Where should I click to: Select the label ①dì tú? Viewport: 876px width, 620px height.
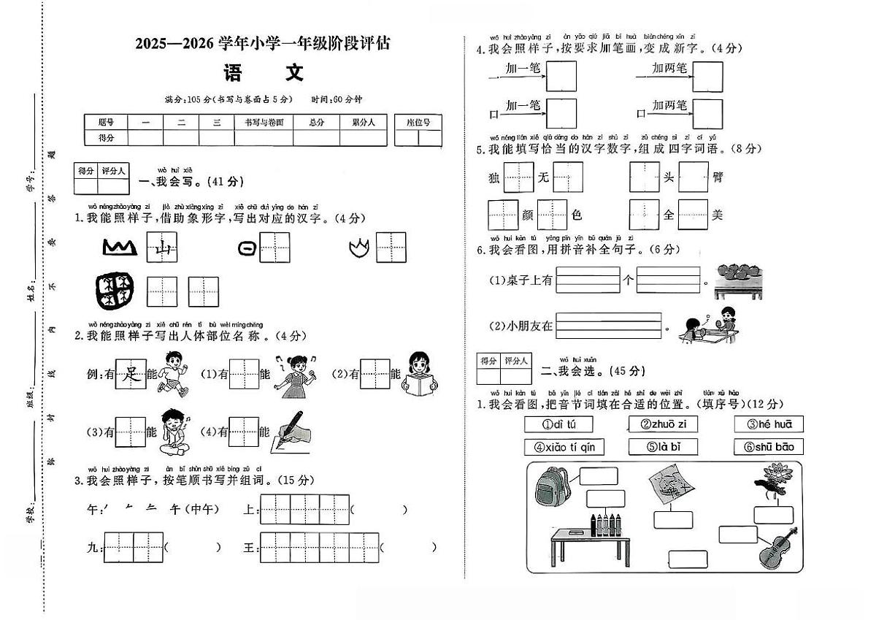[558, 424]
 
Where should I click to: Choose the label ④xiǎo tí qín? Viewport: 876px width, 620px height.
[564, 447]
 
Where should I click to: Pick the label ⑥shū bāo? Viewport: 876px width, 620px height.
[769, 447]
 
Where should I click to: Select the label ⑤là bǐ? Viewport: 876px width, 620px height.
[663, 447]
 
